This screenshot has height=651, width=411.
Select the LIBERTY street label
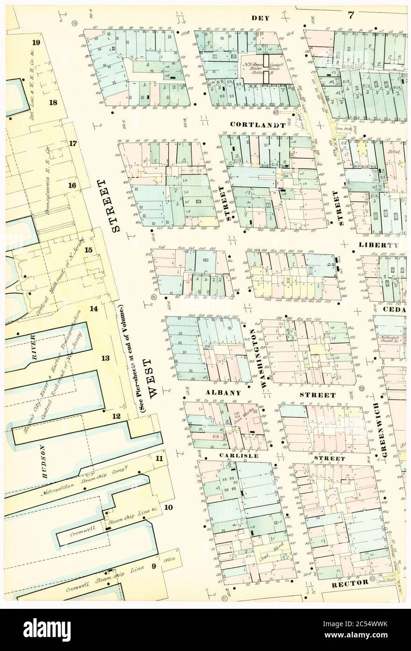[379, 245]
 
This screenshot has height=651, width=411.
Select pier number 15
[88, 250]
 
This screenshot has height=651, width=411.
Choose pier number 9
[153, 567]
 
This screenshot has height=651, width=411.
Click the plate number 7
[350, 15]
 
